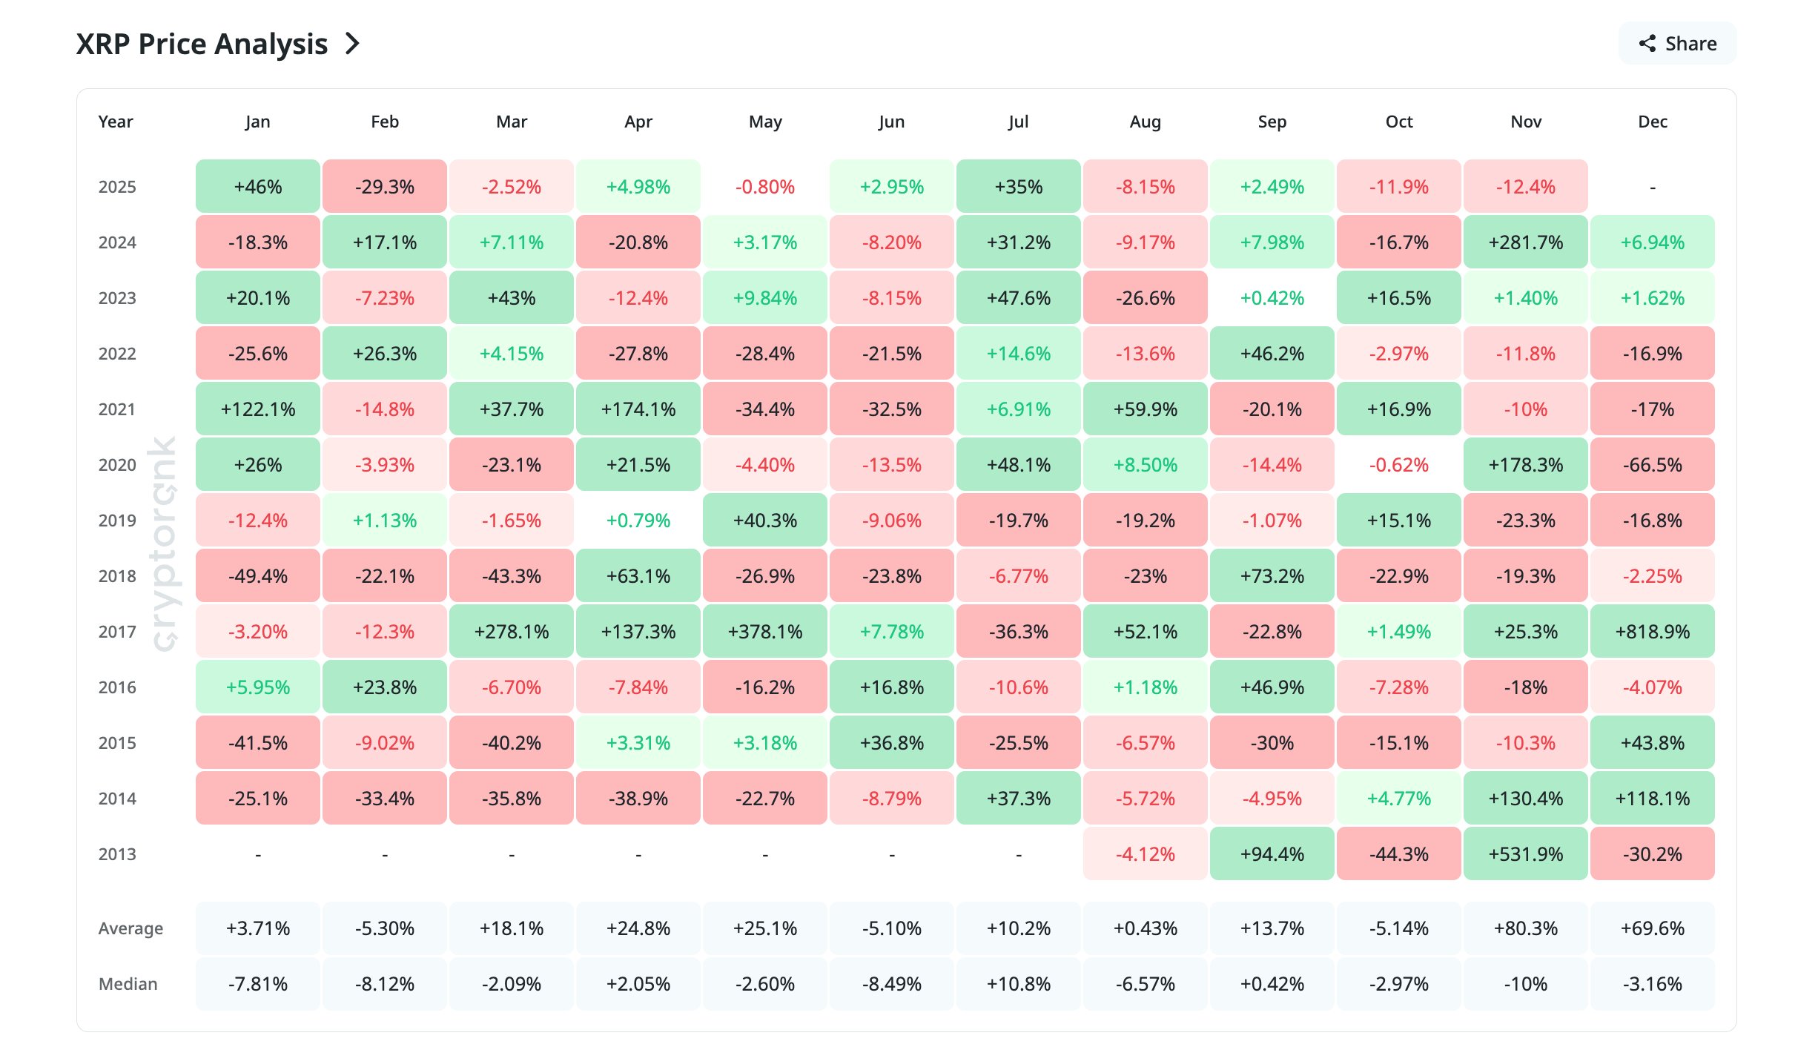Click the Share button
tap(1677, 44)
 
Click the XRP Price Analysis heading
tap(202, 44)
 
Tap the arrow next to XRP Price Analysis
tap(353, 44)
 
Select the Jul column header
tap(1018, 122)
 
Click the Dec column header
tap(1652, 122)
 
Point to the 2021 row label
tap(117, 409)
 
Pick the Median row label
tap(128, 984)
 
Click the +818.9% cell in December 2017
tap(1652, 632)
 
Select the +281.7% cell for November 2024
tap(1525, 242)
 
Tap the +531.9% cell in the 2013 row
tap(1525, 854)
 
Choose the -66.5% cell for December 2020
tap(1652, 465)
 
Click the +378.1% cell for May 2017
tap(764, 632)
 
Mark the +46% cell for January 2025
tap(257, 187)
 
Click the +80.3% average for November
tap(1525, 928)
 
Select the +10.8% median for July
tap(1018, 984)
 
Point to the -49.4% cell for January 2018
tap(257, 576)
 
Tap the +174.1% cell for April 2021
tap(638, 409)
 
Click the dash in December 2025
tap(1652, 188)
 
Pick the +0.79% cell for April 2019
tap(638, 521)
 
